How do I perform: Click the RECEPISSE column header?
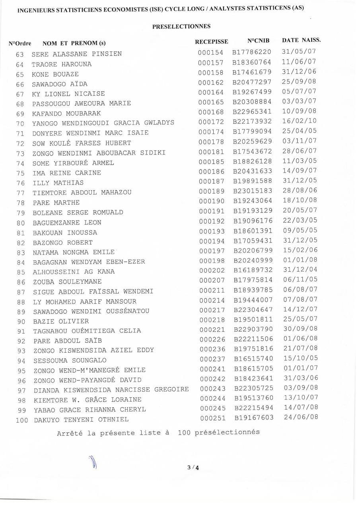click(x=211, y=41)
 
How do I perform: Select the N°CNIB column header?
click(x=258, y=41)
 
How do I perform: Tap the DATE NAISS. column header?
click(x=301, y=40)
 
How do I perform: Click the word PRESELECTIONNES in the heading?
click(x=181, y=26)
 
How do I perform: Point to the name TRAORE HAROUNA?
click(x=62, y=64)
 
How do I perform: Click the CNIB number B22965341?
click(x=252, y=112)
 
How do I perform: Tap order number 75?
click(x=21, y=173)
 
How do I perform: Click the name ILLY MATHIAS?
click(x=58, y=183)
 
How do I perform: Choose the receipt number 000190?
click(x=212, y=201)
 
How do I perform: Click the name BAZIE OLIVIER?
click(x=61, y=321)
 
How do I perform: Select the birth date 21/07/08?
click(x=301, y=348)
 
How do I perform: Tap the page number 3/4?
click(x=193, y=467)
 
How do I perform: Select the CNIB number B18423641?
click(x=253, y=378)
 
